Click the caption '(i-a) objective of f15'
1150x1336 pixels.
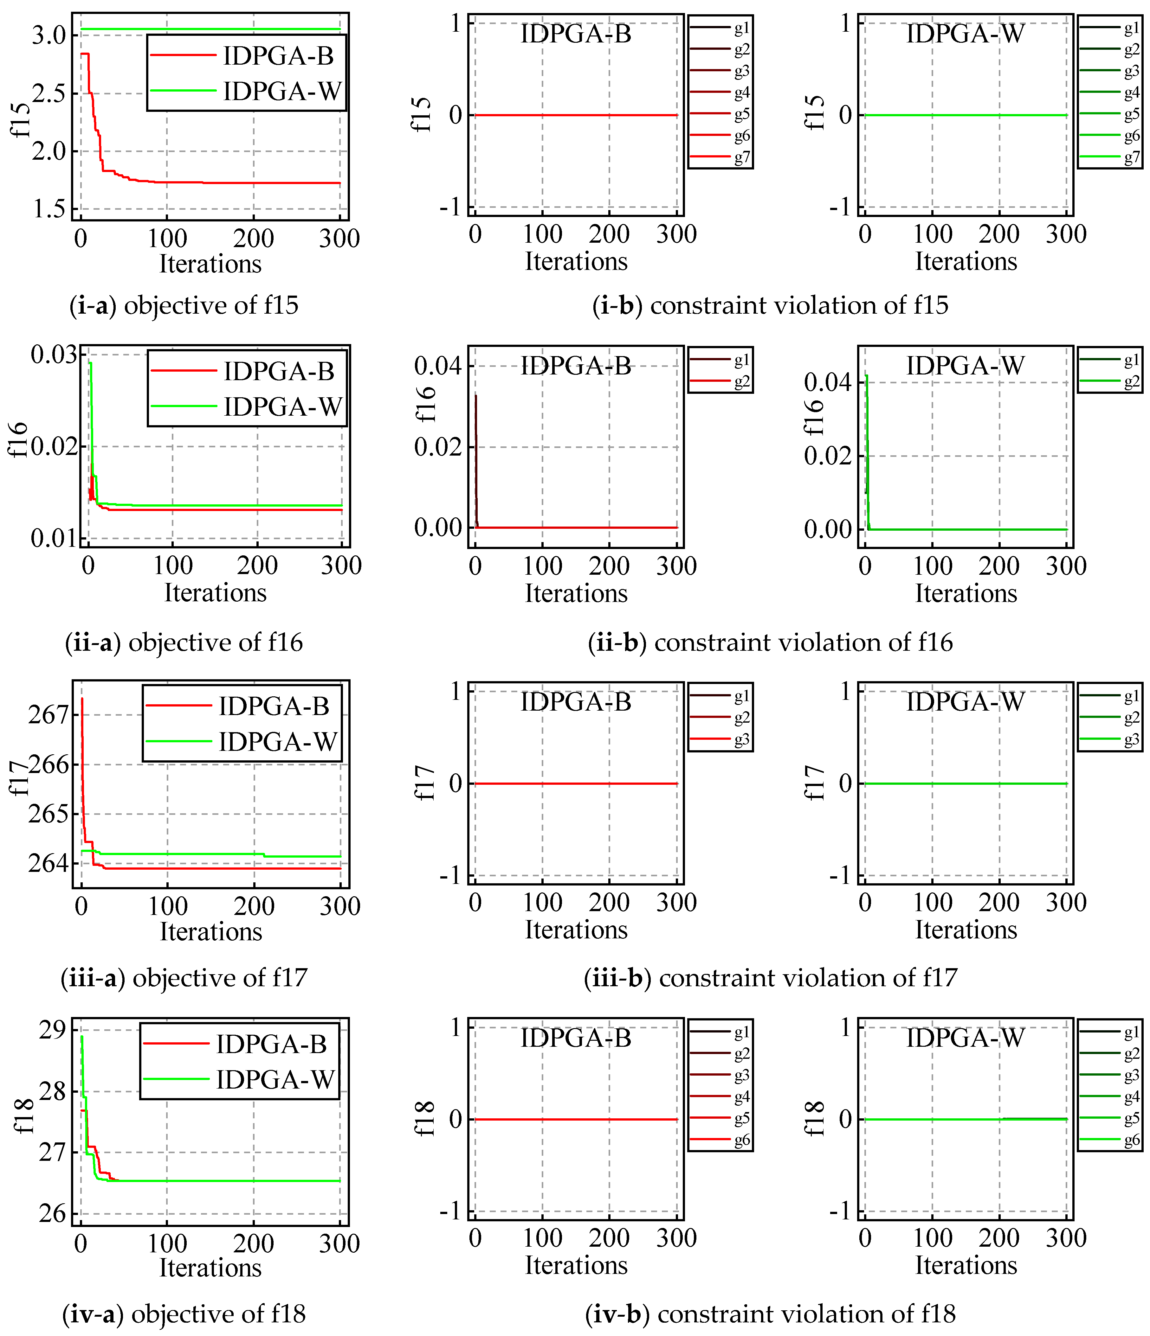click(x=184, y=305)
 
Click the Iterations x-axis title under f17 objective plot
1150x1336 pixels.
click(x=211, y=932)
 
